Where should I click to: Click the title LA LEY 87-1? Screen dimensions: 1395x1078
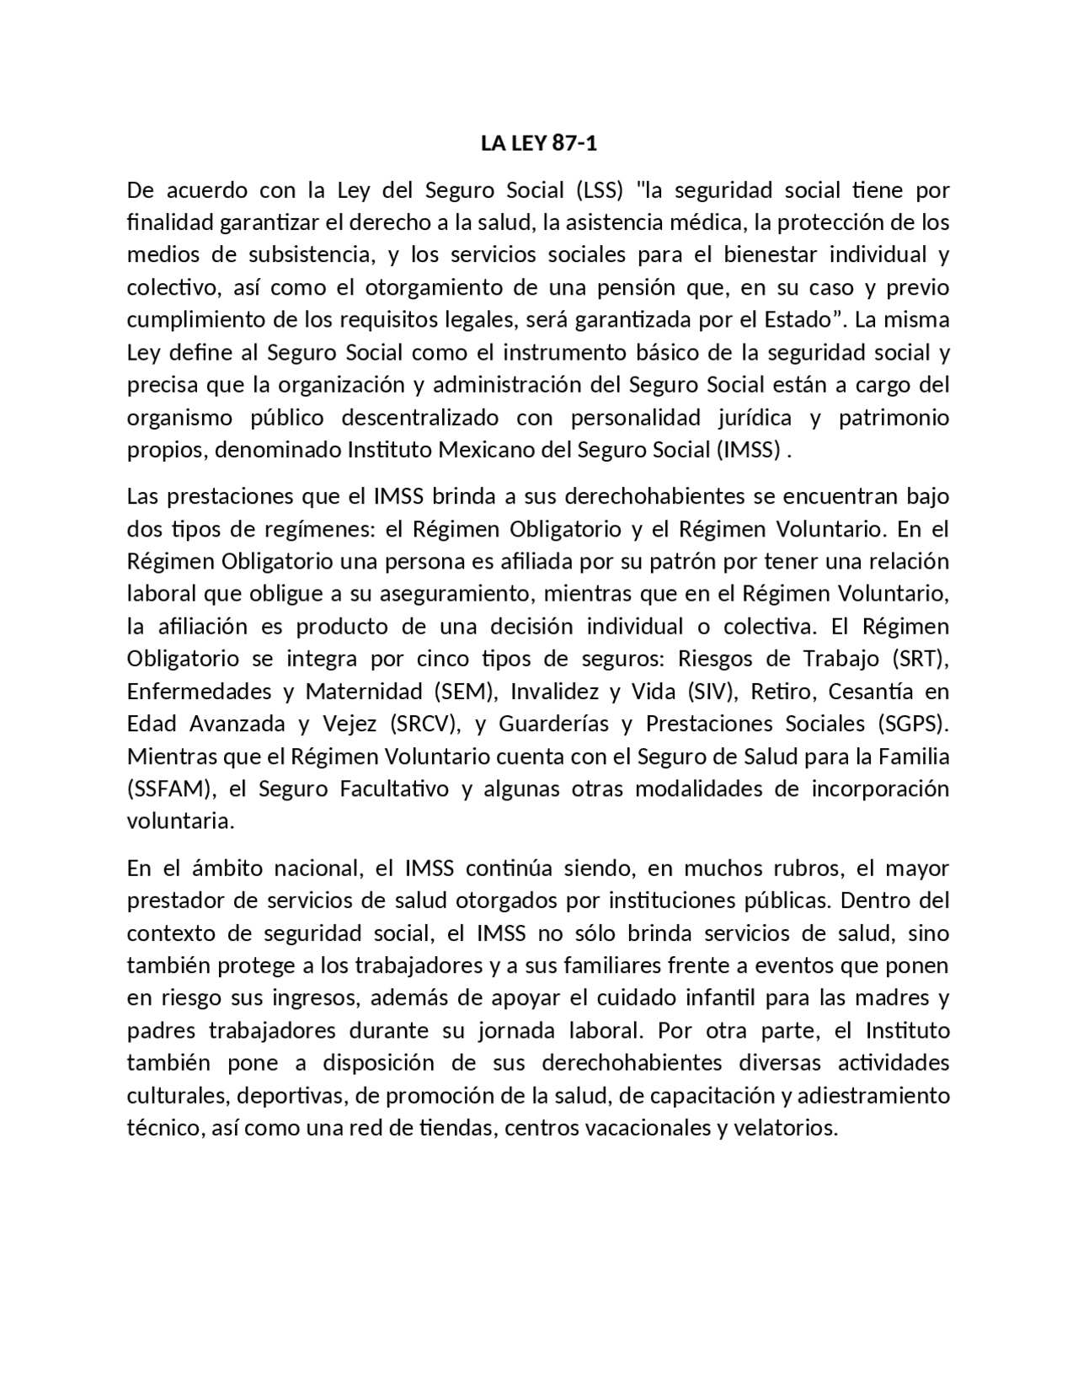point(539,143)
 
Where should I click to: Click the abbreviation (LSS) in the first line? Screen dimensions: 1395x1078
point(599,190)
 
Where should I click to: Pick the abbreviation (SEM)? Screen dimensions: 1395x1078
point(462,692)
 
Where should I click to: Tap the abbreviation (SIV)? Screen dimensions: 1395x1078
point(710,692)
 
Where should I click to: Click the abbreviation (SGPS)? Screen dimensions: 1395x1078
point(913,724)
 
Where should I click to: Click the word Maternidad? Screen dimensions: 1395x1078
point(364,692)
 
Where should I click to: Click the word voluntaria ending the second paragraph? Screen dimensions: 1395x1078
point(179,821)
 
